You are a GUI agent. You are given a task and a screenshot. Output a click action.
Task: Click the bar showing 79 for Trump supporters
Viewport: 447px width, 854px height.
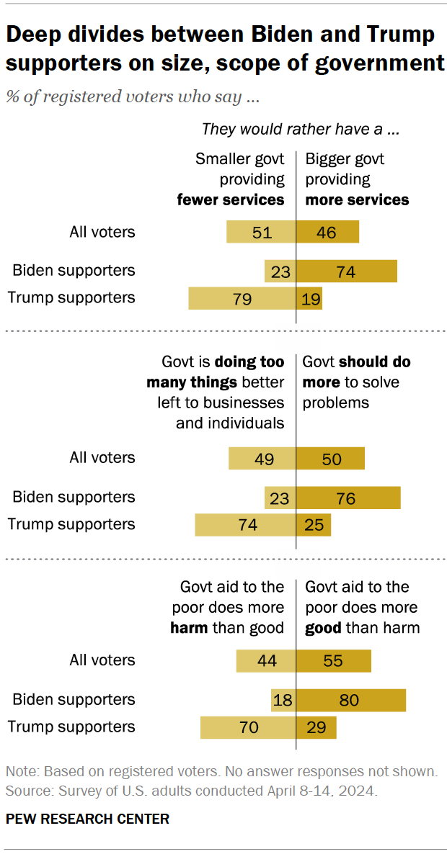[242, 298]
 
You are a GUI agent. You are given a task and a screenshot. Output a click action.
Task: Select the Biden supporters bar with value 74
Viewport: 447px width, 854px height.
[347, 271]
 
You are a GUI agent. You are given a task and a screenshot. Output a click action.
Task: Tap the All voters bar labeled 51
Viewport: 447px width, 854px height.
[261, 232]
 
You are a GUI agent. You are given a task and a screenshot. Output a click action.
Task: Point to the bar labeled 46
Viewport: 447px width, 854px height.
[328, 232]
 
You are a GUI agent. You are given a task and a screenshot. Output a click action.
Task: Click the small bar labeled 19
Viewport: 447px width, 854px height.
[309, 298]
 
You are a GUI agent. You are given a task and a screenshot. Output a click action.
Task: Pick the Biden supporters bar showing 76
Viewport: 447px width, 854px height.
[348, 498]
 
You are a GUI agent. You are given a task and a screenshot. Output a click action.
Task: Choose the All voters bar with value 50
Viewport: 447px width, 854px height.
[331, 459]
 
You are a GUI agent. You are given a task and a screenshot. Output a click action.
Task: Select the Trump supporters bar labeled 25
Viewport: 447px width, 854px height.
[314, 525]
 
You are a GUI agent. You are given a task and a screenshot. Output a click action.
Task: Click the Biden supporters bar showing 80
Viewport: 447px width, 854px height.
[351, 700]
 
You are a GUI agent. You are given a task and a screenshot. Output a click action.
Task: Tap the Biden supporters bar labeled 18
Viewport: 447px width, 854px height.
[283, 700]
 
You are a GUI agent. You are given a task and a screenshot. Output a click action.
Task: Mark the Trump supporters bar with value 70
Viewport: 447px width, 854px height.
[248, 727]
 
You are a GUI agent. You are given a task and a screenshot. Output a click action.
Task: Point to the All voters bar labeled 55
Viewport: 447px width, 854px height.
[334, 661]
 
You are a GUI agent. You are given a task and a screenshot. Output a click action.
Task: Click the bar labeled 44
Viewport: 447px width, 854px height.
[266, 661]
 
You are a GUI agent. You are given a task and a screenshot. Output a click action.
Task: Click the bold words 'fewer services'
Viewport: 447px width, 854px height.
[231, 199]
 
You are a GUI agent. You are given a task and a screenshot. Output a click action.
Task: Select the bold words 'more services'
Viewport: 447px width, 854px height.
[357, 199]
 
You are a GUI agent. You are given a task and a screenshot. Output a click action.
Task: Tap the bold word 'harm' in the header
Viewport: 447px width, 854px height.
[189, 628]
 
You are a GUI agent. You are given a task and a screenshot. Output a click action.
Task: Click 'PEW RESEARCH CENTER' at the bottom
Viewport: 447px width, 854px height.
[88, 819]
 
